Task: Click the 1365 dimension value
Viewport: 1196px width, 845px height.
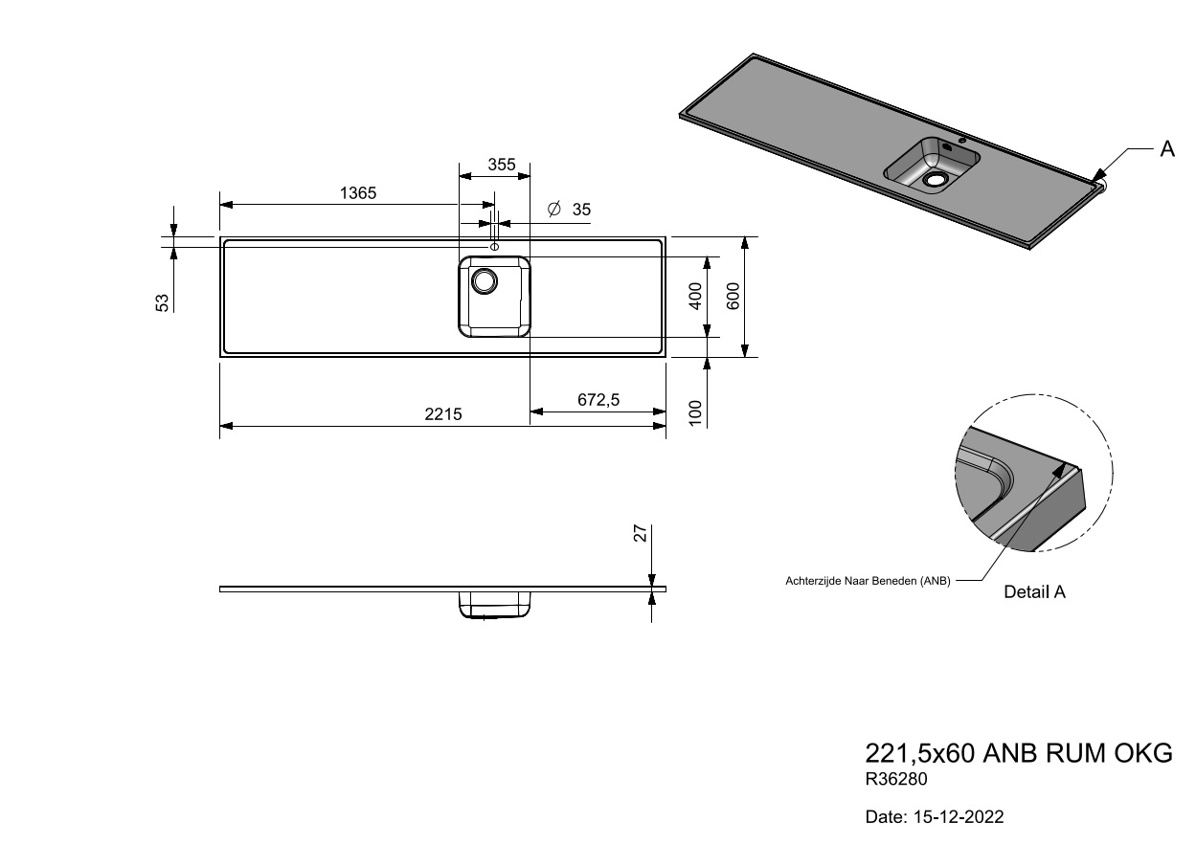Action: pyautogui.click(x=358, y=192)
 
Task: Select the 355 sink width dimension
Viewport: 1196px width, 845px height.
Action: pyautogui.click(x=502, y=165)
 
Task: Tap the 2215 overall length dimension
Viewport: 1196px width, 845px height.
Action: pyautogui.click(x=443, y=414)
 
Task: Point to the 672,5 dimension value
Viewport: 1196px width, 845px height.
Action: pyautogui.click(x=598, y=400)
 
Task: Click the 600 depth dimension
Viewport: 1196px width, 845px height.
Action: pyautogui.click(x=733, y=296)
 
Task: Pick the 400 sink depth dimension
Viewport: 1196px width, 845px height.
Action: pyautogui.click(x=695, y=296)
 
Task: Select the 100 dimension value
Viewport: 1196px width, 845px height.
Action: pyautogui.click(x=695, y=413)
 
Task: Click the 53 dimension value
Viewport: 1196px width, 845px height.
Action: pyautogui.click(x=162, y=303)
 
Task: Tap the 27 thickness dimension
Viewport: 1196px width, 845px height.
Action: pyautogui.click(x=641, y=533)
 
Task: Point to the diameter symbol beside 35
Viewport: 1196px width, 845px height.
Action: pyautogui.click(x=554, y=209)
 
